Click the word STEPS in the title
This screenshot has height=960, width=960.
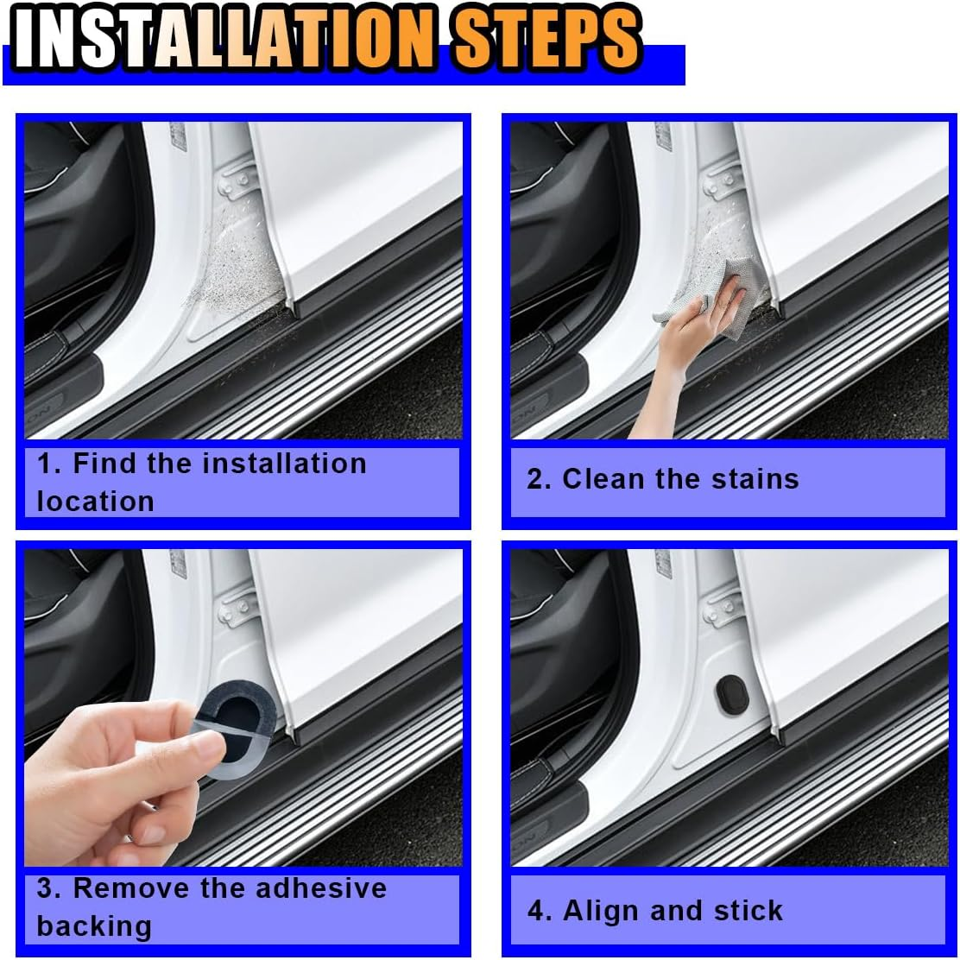[x=547, y=40]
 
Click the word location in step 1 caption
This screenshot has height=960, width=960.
[x=95, y=502]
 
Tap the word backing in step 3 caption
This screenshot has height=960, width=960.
[x=94, y=926]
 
